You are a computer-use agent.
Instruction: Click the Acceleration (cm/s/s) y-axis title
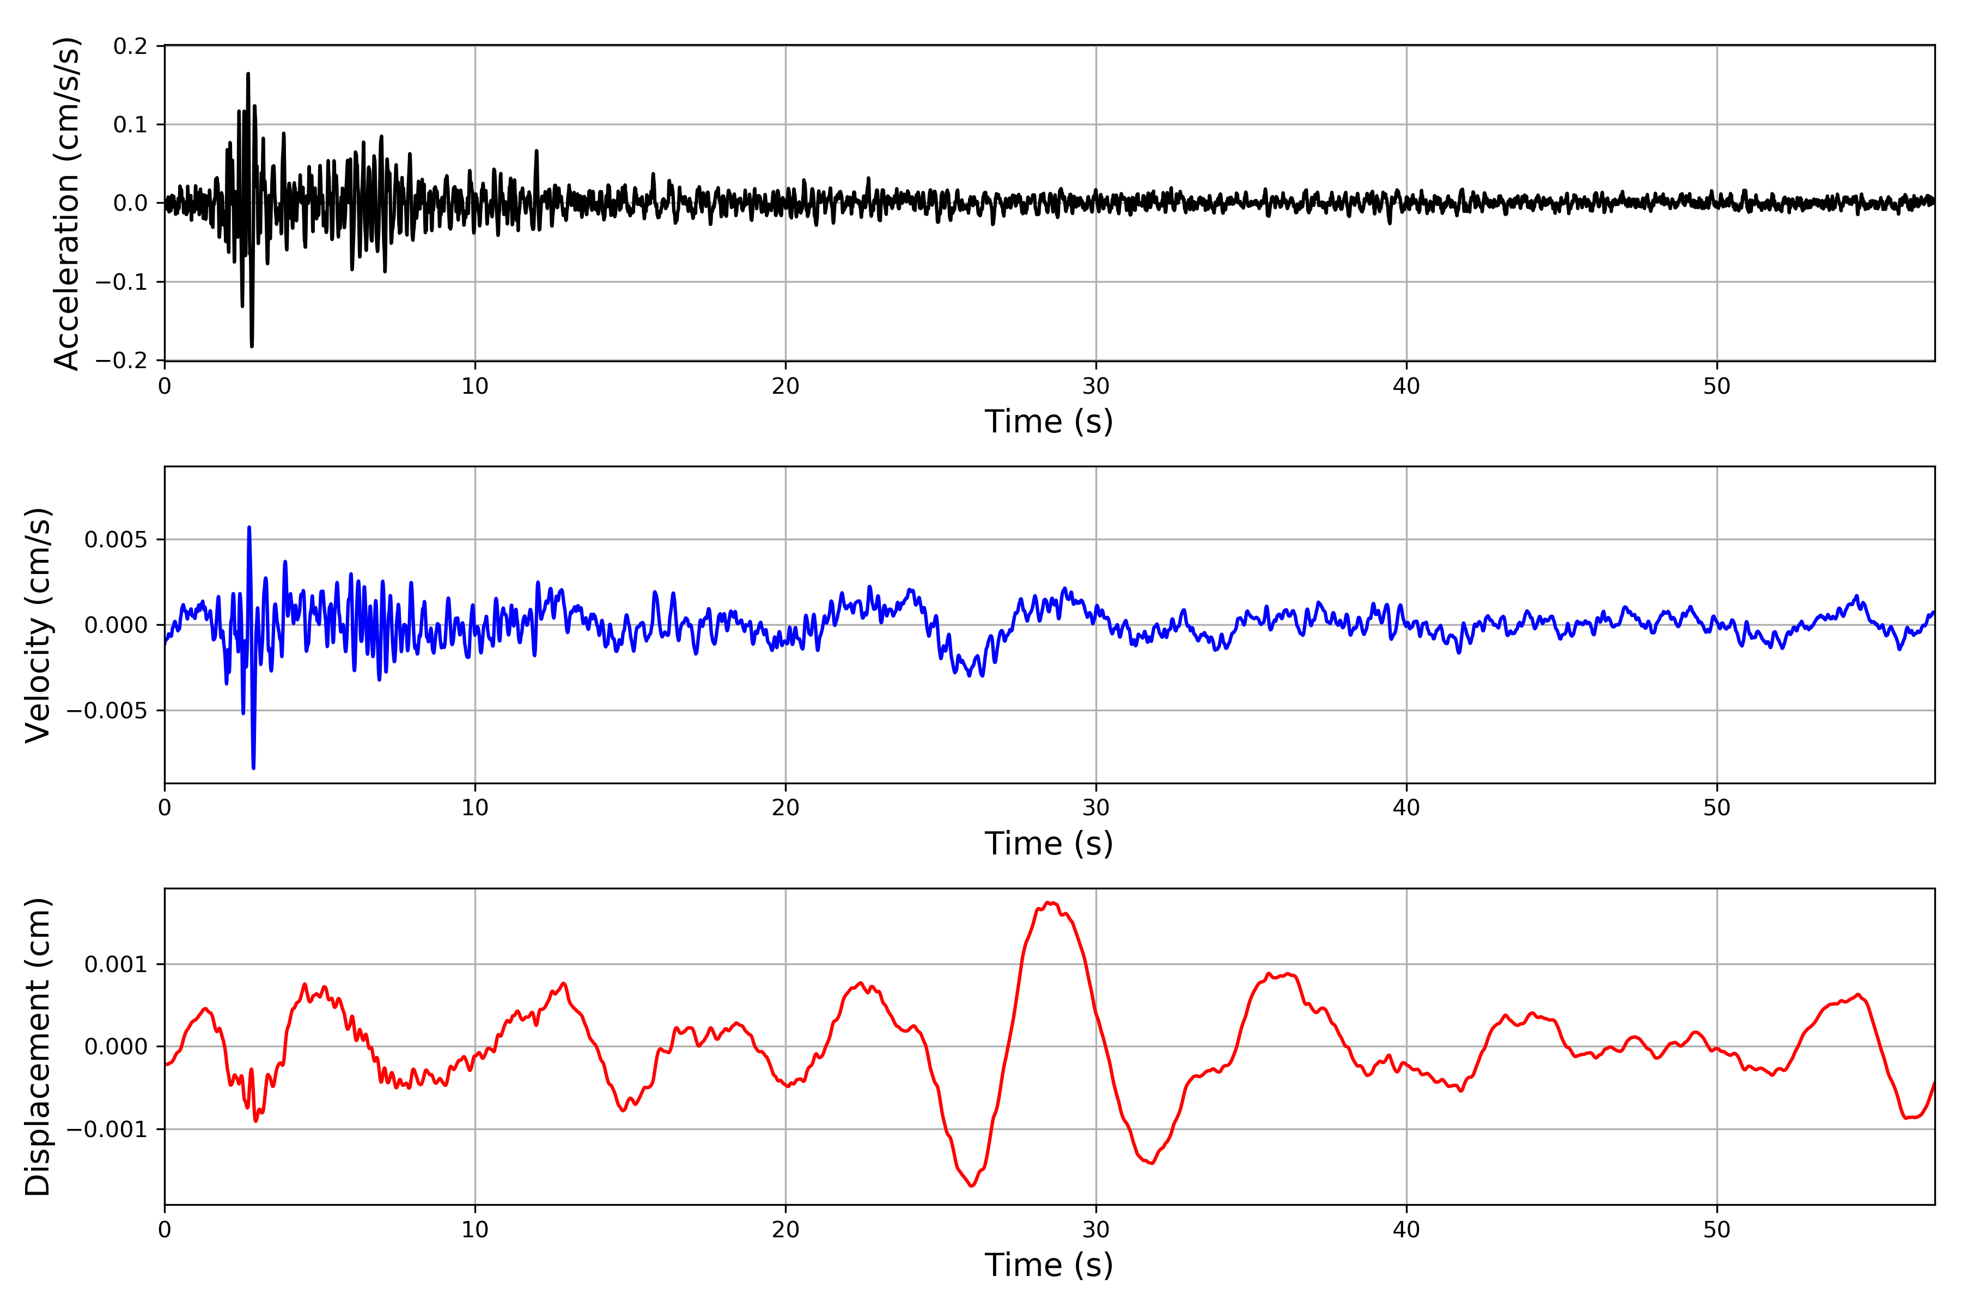[66, 203]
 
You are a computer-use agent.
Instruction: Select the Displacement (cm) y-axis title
[38, 1046]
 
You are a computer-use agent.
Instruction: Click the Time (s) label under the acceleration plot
[1049, 422]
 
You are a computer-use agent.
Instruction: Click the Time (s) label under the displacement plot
[1049, 1265]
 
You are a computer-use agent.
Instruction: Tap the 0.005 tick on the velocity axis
[115, 540]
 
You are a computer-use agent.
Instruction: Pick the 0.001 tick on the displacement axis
[115, 965]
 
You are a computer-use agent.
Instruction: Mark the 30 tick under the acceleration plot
[1095, 387]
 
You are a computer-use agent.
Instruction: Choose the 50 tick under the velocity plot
[1717, 808]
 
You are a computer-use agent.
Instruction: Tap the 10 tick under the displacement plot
[475, 1230]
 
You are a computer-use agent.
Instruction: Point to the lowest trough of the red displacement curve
[972, 1186]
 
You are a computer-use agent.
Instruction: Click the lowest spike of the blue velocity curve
[253, 768]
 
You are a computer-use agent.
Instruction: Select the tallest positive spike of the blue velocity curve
[248, 527]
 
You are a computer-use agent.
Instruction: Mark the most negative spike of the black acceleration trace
[252, 346]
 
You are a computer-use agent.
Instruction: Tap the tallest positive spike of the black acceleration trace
[248, 74]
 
